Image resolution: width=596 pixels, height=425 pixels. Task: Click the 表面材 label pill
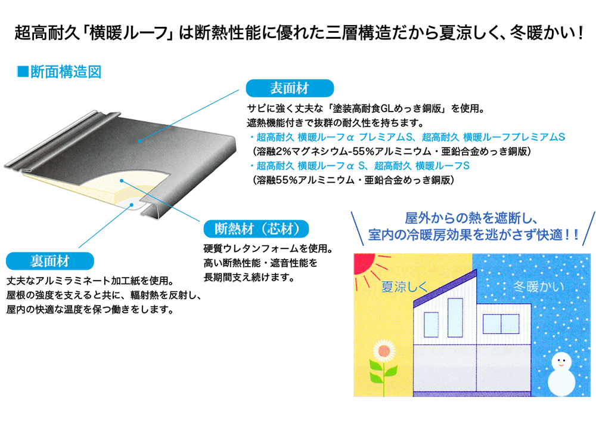290,89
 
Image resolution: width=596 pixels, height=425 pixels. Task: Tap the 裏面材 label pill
50,261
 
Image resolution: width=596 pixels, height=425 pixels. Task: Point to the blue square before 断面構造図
23,72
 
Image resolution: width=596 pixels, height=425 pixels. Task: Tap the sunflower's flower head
384,352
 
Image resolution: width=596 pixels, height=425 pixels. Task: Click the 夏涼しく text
405,287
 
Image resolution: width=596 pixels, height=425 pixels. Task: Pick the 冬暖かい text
538,287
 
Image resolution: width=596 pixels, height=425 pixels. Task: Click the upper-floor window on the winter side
501,324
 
